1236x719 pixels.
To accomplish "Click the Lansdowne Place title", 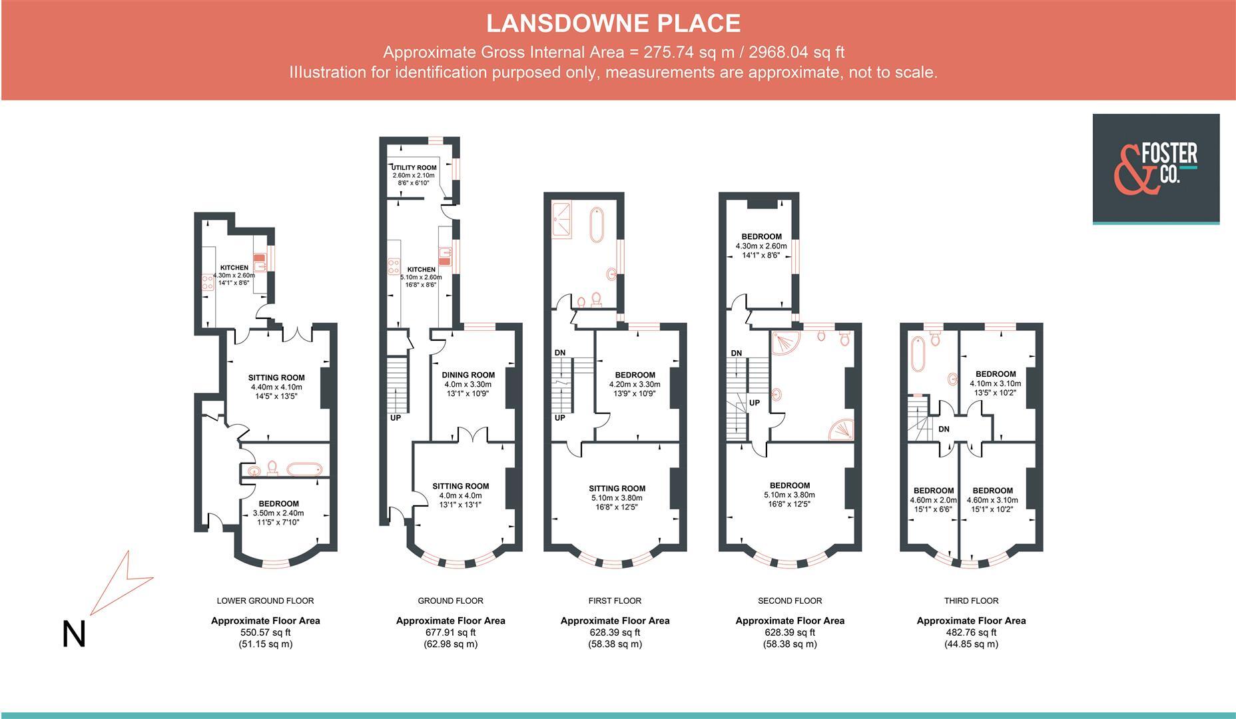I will pyautogui.click(x=613, y=23).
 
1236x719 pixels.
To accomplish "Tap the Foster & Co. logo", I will pyautogui.click(x=1155, y=168).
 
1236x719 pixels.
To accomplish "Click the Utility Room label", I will pyautogui.click(x=414, y=168).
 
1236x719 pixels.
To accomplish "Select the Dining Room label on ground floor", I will pyautogui.click(x=468, y=375).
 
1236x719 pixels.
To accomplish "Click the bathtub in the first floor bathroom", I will pyautogui.click(x=596, y=224).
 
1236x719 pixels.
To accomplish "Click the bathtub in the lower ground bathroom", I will pyautogui.click(x=304, y=469).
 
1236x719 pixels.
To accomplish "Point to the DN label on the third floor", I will pyautogui.click(x=944, y=429).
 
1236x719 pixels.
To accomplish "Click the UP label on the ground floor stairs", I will pyautogui.click(x=396, y=418).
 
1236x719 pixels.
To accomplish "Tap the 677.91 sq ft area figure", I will pyautogui.click(x=450, y=632).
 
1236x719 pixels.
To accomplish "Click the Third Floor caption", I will pyautogui.click(x=971, y=600).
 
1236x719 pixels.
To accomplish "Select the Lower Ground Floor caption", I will pyautogui.click(x=265, y=600).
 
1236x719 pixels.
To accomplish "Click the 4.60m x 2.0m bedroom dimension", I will pyautogui.click(x=933, y=500).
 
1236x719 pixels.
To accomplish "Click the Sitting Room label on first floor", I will pyautogui.click(x=617, y=488).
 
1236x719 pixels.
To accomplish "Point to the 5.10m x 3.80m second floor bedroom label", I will pyautogui.click(x=789, y=495).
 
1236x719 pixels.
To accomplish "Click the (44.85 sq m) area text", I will pyautogui.click(x=971, y=644).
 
